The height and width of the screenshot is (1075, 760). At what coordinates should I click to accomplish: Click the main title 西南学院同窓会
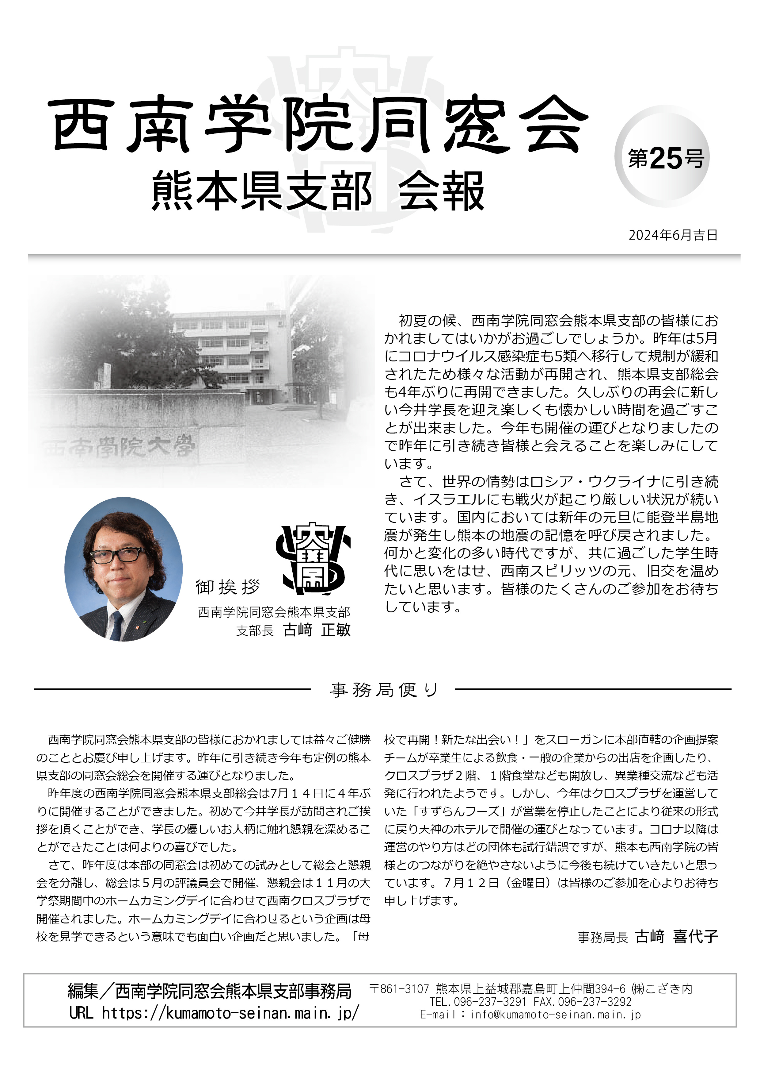click(318, 125)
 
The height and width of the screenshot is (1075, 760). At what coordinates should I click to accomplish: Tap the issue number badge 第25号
click(666, 158)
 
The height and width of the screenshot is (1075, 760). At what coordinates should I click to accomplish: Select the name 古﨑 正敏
click(317, 630)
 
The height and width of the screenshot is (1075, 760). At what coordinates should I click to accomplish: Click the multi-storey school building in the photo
click(229, 356)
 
